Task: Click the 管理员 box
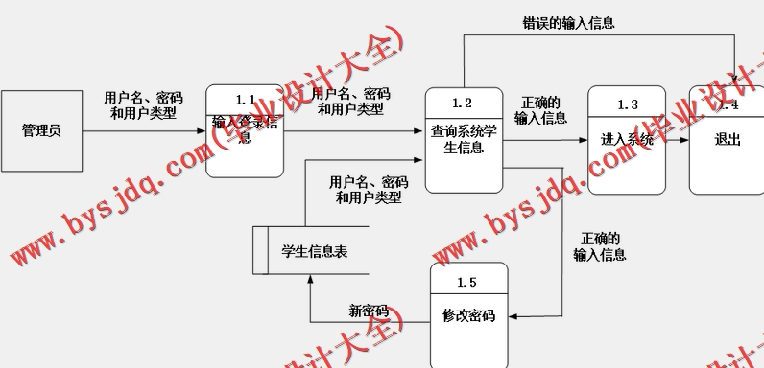[x=40, y=130]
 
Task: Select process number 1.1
[x=245, y=100]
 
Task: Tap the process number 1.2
[x=463, y=103]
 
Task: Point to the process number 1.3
[x=628, y=103]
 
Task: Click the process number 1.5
[x=466, y=282]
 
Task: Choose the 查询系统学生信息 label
[x=464, y=140]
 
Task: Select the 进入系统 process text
[x=627, y=139]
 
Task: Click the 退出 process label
[x=728, y=139]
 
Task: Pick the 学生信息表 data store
[x=314, y=251]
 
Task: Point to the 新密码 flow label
[x=369, y=310]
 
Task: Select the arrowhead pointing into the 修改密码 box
[x=512, y=315]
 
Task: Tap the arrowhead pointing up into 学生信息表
[x=310, y=281]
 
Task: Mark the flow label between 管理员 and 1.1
[x=143, y=104]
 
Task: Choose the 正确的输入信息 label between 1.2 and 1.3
[x=540, y=110]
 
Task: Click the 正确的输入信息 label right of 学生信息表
[x=600, y=246]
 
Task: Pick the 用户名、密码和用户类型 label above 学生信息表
[x=369, y=190]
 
